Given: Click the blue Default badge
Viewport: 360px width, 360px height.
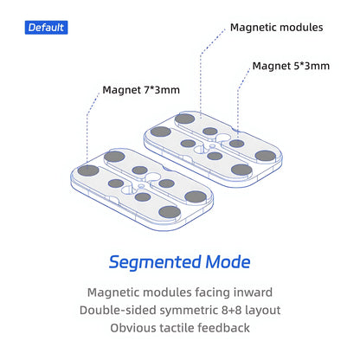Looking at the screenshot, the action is [46, 28].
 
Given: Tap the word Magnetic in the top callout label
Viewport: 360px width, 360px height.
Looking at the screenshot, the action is [253, 28].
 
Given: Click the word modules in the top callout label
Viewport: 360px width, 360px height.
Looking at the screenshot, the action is [301, 28].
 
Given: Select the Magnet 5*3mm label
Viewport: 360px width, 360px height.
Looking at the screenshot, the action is [291, 66].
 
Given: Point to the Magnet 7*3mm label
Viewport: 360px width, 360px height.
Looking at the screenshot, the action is [141, 90].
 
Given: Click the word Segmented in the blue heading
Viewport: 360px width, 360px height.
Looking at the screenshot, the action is [155, 262].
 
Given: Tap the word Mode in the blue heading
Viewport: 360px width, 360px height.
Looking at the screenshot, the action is [228, 261].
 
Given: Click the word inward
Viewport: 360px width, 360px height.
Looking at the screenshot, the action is [253, 292].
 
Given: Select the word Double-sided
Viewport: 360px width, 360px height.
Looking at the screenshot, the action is [118, 310].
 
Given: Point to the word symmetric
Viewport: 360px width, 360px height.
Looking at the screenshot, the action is [189, 311].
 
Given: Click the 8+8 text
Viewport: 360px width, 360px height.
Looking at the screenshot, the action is [232, 310].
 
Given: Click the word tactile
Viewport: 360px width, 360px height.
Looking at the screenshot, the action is [177, 328].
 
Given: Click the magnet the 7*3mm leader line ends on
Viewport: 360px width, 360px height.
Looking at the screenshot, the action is [88, 170].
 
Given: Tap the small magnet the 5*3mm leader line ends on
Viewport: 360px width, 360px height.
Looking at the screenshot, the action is [236, 143].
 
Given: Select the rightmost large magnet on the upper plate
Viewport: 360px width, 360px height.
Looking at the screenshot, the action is [266, 156].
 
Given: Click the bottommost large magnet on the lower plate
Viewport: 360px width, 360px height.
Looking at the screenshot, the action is [170, 212].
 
